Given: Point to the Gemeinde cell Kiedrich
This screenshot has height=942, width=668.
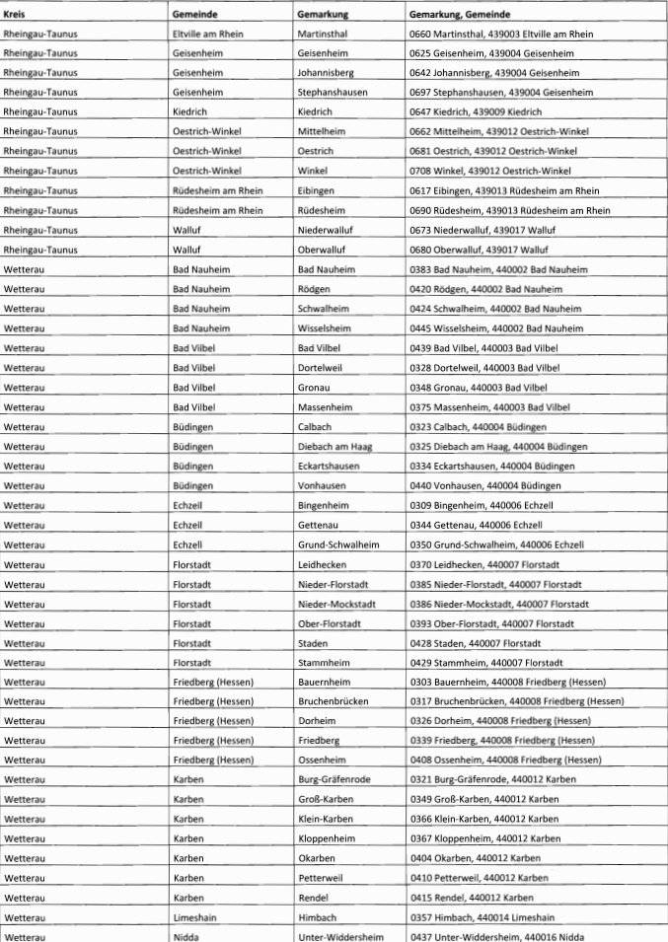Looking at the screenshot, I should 189,112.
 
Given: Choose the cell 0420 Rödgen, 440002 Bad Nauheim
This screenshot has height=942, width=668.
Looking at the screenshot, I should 485,288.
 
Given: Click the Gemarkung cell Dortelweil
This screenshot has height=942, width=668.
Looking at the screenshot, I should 320,366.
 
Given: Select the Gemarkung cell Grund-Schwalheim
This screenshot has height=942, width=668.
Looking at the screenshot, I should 337,543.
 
